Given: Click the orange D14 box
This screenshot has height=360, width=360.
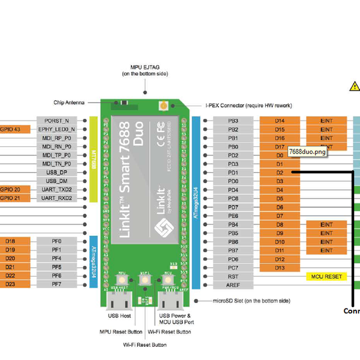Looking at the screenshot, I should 280,121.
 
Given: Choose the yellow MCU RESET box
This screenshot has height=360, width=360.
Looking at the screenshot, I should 326,277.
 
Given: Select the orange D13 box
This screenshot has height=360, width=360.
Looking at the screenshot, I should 280,268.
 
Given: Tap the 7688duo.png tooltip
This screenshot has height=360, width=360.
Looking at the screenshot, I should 307,152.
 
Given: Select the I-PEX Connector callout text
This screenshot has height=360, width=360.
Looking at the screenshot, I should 248,106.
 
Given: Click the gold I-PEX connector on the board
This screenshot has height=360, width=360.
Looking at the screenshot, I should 163,106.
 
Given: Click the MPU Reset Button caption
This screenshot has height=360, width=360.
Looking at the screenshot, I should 121,331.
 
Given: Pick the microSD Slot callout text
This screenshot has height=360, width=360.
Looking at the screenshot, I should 251,300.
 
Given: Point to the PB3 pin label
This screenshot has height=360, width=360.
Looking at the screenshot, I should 233,121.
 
